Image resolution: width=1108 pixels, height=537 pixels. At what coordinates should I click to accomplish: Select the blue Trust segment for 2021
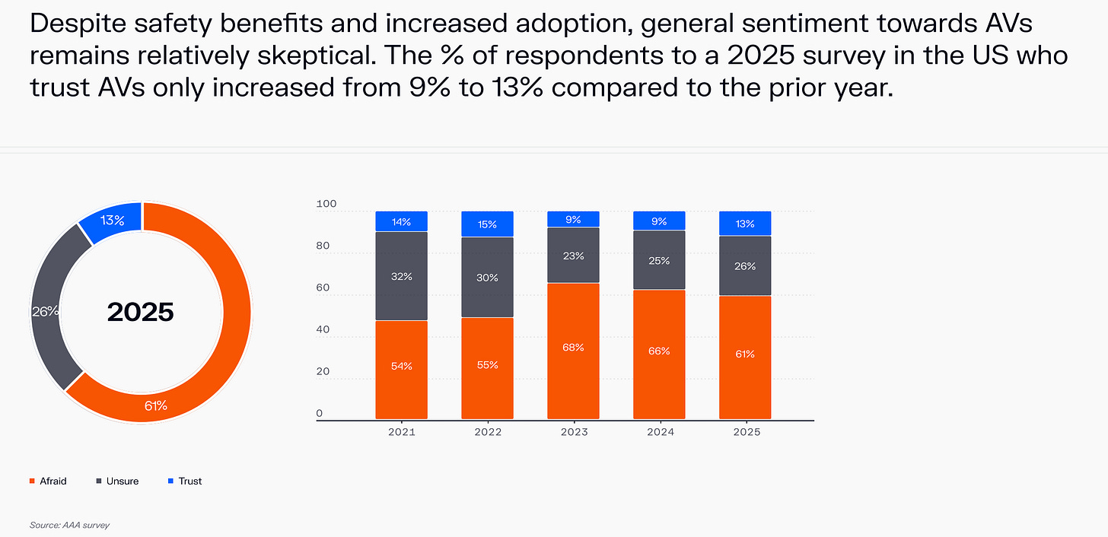click(401, 221)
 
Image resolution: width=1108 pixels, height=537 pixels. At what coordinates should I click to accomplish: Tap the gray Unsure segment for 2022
click(487, 278)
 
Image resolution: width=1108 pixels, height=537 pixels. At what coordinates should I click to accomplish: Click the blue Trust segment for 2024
click(659, 221)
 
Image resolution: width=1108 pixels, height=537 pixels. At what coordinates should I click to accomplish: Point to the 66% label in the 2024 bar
click(659, 351)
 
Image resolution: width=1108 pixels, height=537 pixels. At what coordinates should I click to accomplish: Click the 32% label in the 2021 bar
click(401, 276)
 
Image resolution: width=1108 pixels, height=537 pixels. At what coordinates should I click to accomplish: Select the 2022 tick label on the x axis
click(487, 431)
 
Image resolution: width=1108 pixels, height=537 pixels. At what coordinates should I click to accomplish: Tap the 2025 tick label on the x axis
click(745, 431)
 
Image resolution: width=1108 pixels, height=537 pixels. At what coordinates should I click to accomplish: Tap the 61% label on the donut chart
click(156, 405)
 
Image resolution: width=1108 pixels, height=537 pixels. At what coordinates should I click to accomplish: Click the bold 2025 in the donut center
click(141, 312)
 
